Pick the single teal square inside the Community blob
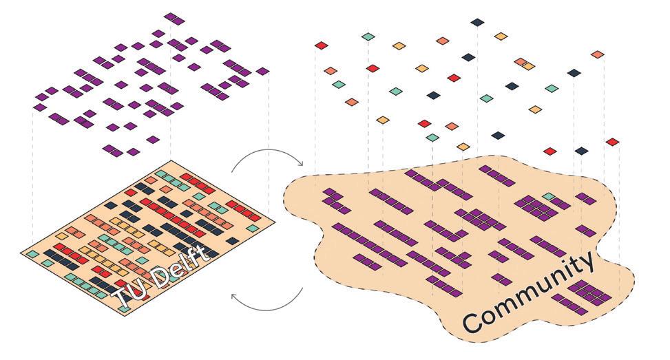click(x=548, y=197)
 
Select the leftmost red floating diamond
click(x=321, y=46)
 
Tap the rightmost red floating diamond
click(x=612, y=142)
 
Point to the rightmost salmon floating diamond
click(x=597, y=54)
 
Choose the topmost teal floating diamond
click(x=368, y=36)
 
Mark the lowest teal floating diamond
click(x=432, y=138)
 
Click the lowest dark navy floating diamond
click(x=582, y=151)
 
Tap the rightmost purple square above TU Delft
click(x=262, y=71)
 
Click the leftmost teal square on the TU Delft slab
click(x=32, y=254)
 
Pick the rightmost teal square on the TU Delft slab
click(x=253, y=228)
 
